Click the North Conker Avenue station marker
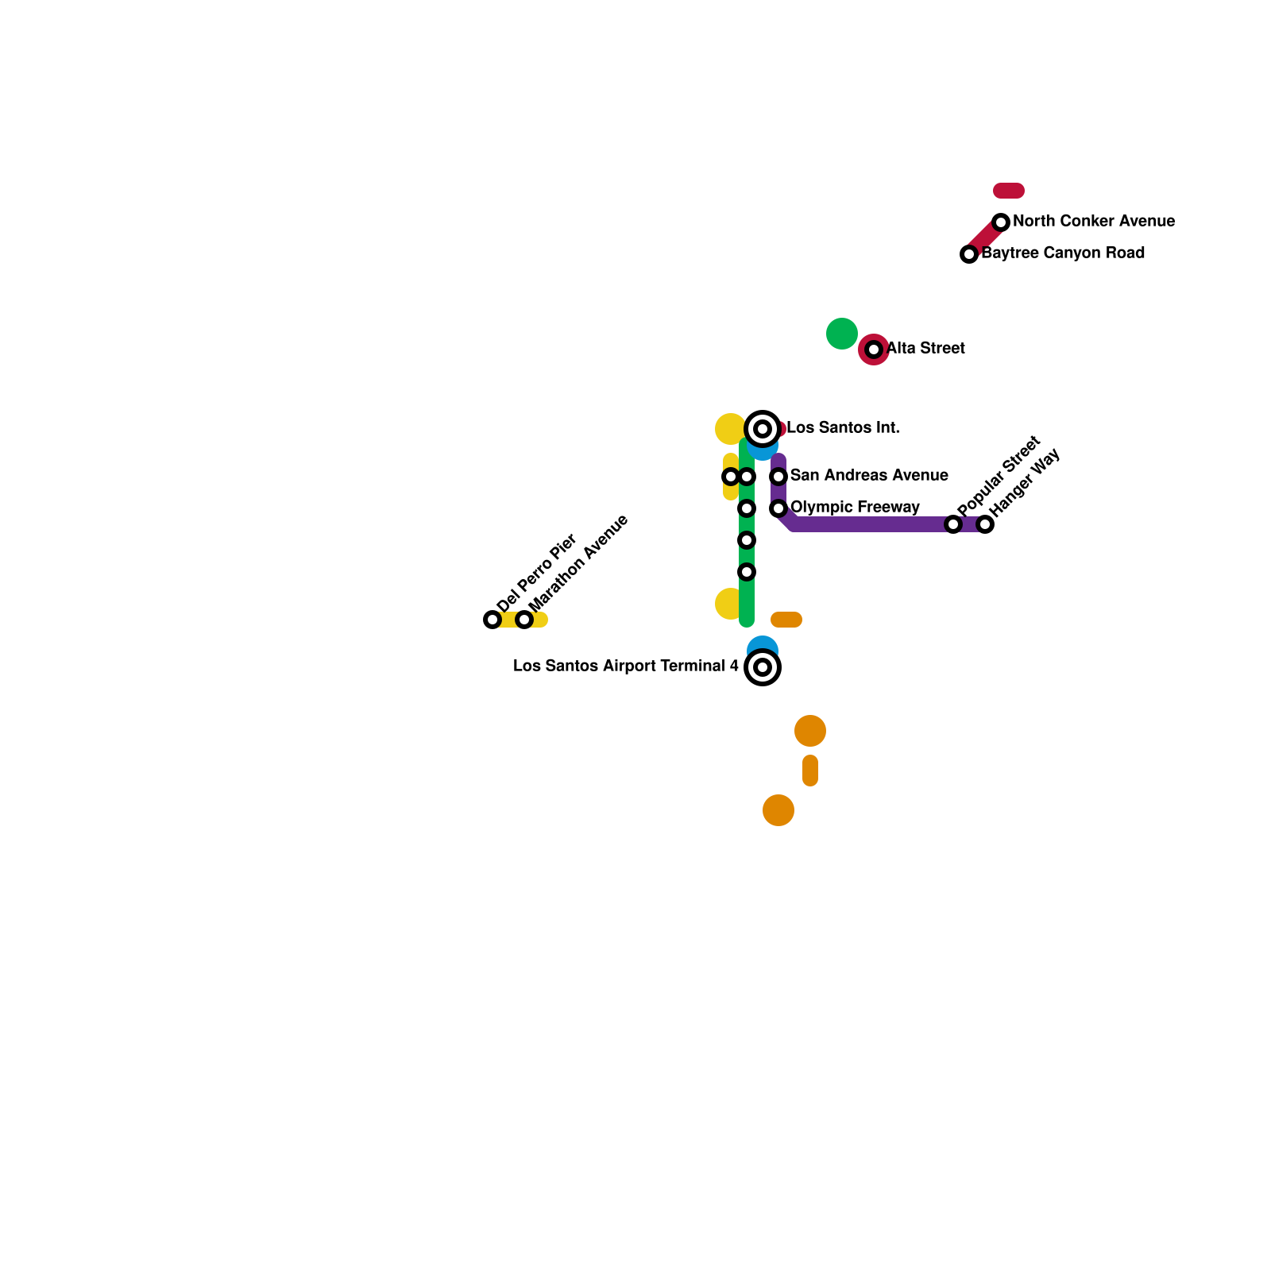tap(1001, 222)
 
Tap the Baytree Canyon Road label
tap(1063, 253)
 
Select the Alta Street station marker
tap(874, 350)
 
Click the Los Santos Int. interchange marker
tap(763, 429)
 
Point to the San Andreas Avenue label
tap(869, 476)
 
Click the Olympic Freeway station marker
tap(778, 508)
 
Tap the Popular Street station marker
tap(953, 524)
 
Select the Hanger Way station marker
tap(985, 524)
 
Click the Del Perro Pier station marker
tap(493, 620)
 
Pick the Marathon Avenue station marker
tap(524, 620)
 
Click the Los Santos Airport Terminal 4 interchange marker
tap(763, 667)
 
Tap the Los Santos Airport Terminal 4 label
tap(626, 666)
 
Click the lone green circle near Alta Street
tap(842, 334)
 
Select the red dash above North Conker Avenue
tap(1009, 191)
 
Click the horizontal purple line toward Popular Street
tap(874, 524)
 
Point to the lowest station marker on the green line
tap(747, 572)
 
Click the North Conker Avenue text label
tap(1094, 222)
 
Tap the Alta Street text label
tap(925, 349)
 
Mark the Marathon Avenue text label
tap(579, 562)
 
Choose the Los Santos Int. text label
tap(843, 428)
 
